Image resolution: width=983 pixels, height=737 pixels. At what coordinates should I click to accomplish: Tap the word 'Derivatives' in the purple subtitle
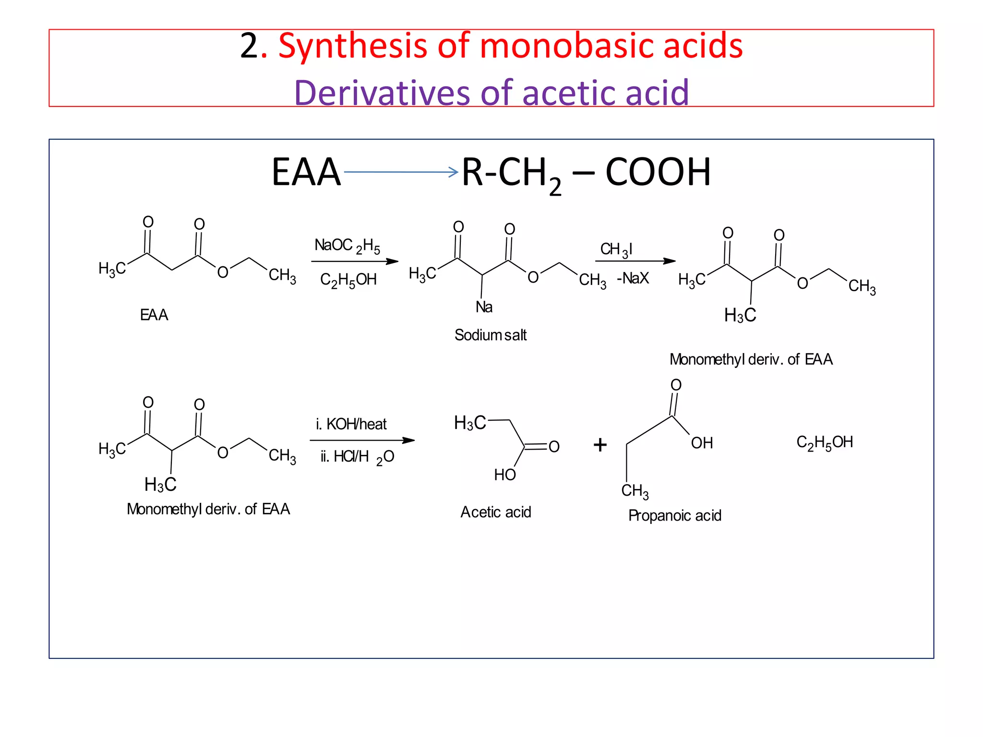pos(382,93)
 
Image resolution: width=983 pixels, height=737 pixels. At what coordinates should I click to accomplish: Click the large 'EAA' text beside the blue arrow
pos(306,172)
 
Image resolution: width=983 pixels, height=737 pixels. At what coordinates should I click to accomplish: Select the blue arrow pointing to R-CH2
pos(401,172)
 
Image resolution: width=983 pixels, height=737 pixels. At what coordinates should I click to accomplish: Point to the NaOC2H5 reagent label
pos(347,246)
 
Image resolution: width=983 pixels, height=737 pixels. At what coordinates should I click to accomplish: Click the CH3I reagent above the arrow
pos(616,250)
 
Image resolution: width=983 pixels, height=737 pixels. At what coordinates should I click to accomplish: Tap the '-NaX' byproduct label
pos(633,278)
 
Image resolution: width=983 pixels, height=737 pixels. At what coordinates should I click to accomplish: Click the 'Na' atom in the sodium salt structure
pos(484,307)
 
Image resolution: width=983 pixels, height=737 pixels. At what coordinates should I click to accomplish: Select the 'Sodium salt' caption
pos(490,335)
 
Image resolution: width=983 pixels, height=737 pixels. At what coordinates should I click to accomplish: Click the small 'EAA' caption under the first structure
pos(154,315)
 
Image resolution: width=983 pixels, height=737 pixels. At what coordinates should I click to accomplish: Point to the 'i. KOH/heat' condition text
pos(351,424)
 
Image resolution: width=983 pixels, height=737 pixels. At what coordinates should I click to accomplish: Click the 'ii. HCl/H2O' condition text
pos(357,457)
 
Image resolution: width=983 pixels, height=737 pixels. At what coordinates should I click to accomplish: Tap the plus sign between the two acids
pos(600,445)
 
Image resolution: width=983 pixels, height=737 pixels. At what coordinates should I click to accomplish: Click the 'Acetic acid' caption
pos(495,512)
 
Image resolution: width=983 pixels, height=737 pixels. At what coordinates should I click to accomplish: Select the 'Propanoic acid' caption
pos(674,516)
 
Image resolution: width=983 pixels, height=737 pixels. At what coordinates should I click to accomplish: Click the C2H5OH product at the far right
pos(825,442)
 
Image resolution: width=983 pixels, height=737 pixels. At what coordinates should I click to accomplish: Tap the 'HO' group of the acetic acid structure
pos(505,475)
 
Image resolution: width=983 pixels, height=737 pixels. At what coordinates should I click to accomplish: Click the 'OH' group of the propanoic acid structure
pos(702,443)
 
